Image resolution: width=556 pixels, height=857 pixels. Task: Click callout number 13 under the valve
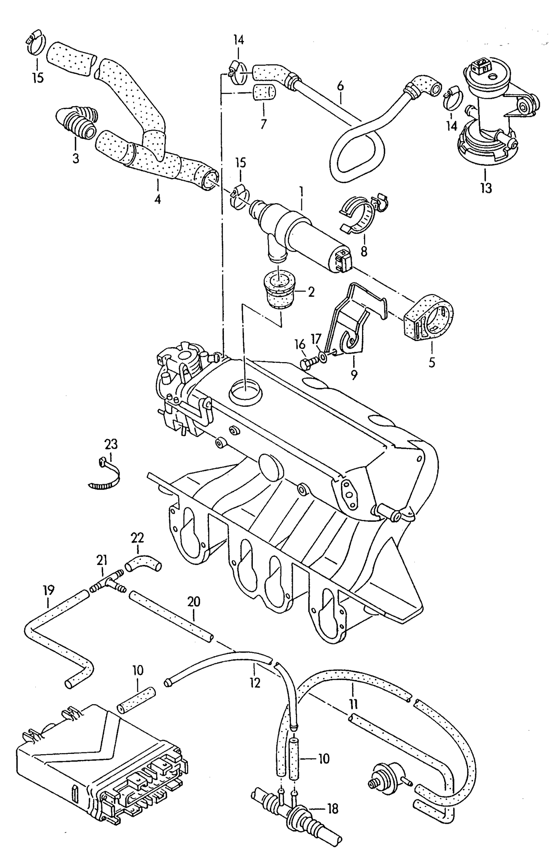click(x=486, y=188)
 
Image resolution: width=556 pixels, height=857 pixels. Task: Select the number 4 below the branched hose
click(x=158, y=199)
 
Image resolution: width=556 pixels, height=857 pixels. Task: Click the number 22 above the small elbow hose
click(x=137, y=538)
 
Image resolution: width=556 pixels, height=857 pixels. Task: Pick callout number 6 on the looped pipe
click(x=340, y=86)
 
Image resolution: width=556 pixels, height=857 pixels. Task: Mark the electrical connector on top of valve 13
click(x=481, y=66)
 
